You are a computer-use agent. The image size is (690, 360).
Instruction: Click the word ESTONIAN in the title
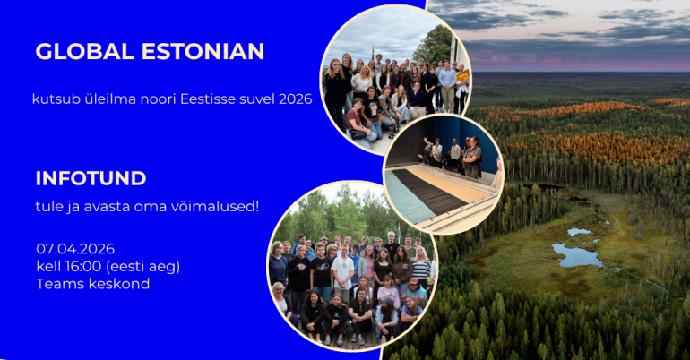(x=203, y=51)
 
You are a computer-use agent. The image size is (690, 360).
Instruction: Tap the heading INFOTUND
(x=91, y=177)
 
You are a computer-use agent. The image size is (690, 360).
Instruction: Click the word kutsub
(x=52, y=99)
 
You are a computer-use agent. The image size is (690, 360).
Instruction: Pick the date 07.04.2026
(x=75, y=248)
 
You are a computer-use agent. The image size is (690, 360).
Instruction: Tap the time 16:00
(x=86, y=266)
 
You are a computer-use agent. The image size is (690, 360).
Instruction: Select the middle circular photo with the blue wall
(x=443, y=174)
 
